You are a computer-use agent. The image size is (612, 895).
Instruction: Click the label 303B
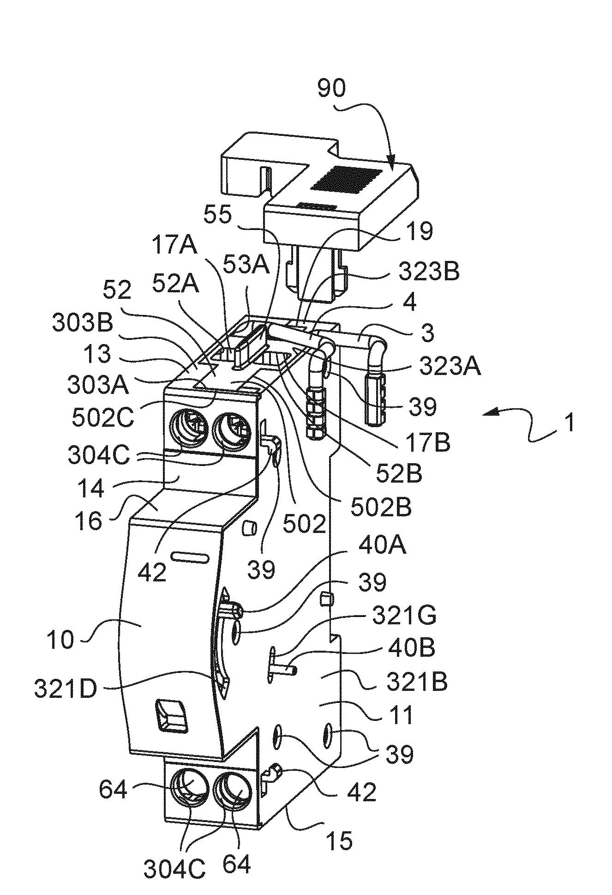(83, 324)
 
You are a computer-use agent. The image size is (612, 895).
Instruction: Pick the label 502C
(103, 419)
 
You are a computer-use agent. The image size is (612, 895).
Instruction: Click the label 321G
(405, 617)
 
